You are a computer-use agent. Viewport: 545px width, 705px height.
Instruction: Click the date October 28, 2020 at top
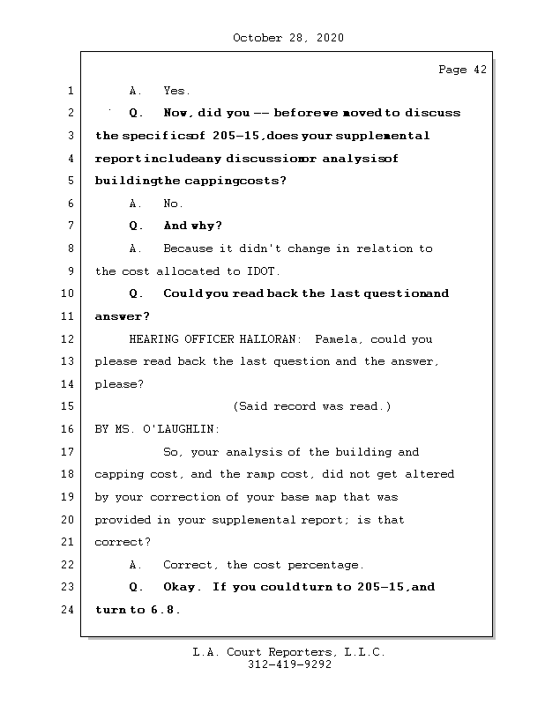[x=287, y=38]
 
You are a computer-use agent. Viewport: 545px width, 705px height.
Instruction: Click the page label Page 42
[x=462, y=70]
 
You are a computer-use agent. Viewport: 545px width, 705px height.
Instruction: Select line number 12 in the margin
[x=68, y=339]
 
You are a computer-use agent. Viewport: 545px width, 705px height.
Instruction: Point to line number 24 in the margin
[x=68, y=610]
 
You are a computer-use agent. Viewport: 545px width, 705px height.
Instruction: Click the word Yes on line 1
[x=176, y=91]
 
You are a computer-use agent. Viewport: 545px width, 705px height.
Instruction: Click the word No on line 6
[x=173, y=204]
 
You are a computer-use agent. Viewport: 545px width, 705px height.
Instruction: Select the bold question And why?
[x=192, y=226]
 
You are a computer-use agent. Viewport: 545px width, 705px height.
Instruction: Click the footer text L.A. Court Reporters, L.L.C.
[x=289, y=652]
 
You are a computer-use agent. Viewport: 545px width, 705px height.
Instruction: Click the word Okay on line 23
[x=182, y=587]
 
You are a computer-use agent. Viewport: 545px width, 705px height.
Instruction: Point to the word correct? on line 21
[x=122, y=542]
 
